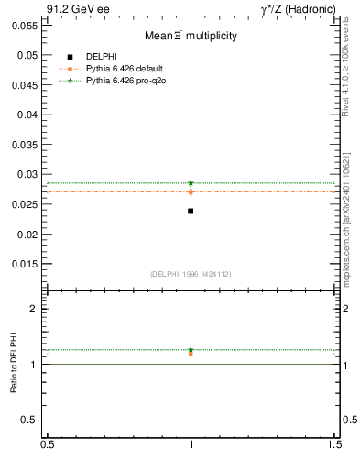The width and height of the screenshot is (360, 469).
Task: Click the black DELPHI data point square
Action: click(191, 211)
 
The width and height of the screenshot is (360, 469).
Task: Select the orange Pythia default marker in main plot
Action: click(191, 191)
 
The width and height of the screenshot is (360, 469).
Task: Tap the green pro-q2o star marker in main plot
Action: click(191, 182)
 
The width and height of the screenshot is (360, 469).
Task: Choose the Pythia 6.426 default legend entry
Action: click(124, 69)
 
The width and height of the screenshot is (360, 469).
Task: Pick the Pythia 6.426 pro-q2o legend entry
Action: click(124, 81)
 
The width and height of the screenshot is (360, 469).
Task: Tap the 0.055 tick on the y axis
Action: click(25, 26)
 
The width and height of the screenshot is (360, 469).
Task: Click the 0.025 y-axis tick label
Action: click(25, 204)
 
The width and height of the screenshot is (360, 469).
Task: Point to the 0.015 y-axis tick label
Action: click(25, 264)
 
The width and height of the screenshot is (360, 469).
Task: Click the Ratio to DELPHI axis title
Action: click(15, 364)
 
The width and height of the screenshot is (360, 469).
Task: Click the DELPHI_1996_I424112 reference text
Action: click(191, 274)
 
